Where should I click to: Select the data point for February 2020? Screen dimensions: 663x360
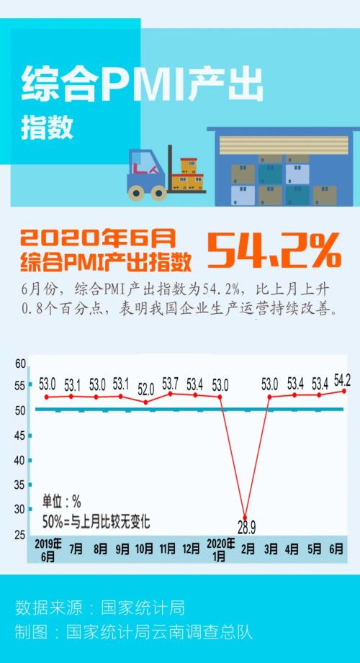[245, 518]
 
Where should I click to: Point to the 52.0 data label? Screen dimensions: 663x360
[145, 389]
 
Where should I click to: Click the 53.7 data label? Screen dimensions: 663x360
[171, 382]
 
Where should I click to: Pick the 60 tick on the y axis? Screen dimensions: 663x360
[20, 364]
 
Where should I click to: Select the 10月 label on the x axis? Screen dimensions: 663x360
[145, 549]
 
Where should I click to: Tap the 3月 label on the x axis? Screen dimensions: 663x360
[270, 549]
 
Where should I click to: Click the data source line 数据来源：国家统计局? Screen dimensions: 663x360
[100, 607]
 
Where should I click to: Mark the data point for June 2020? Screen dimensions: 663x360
[343, 391]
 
